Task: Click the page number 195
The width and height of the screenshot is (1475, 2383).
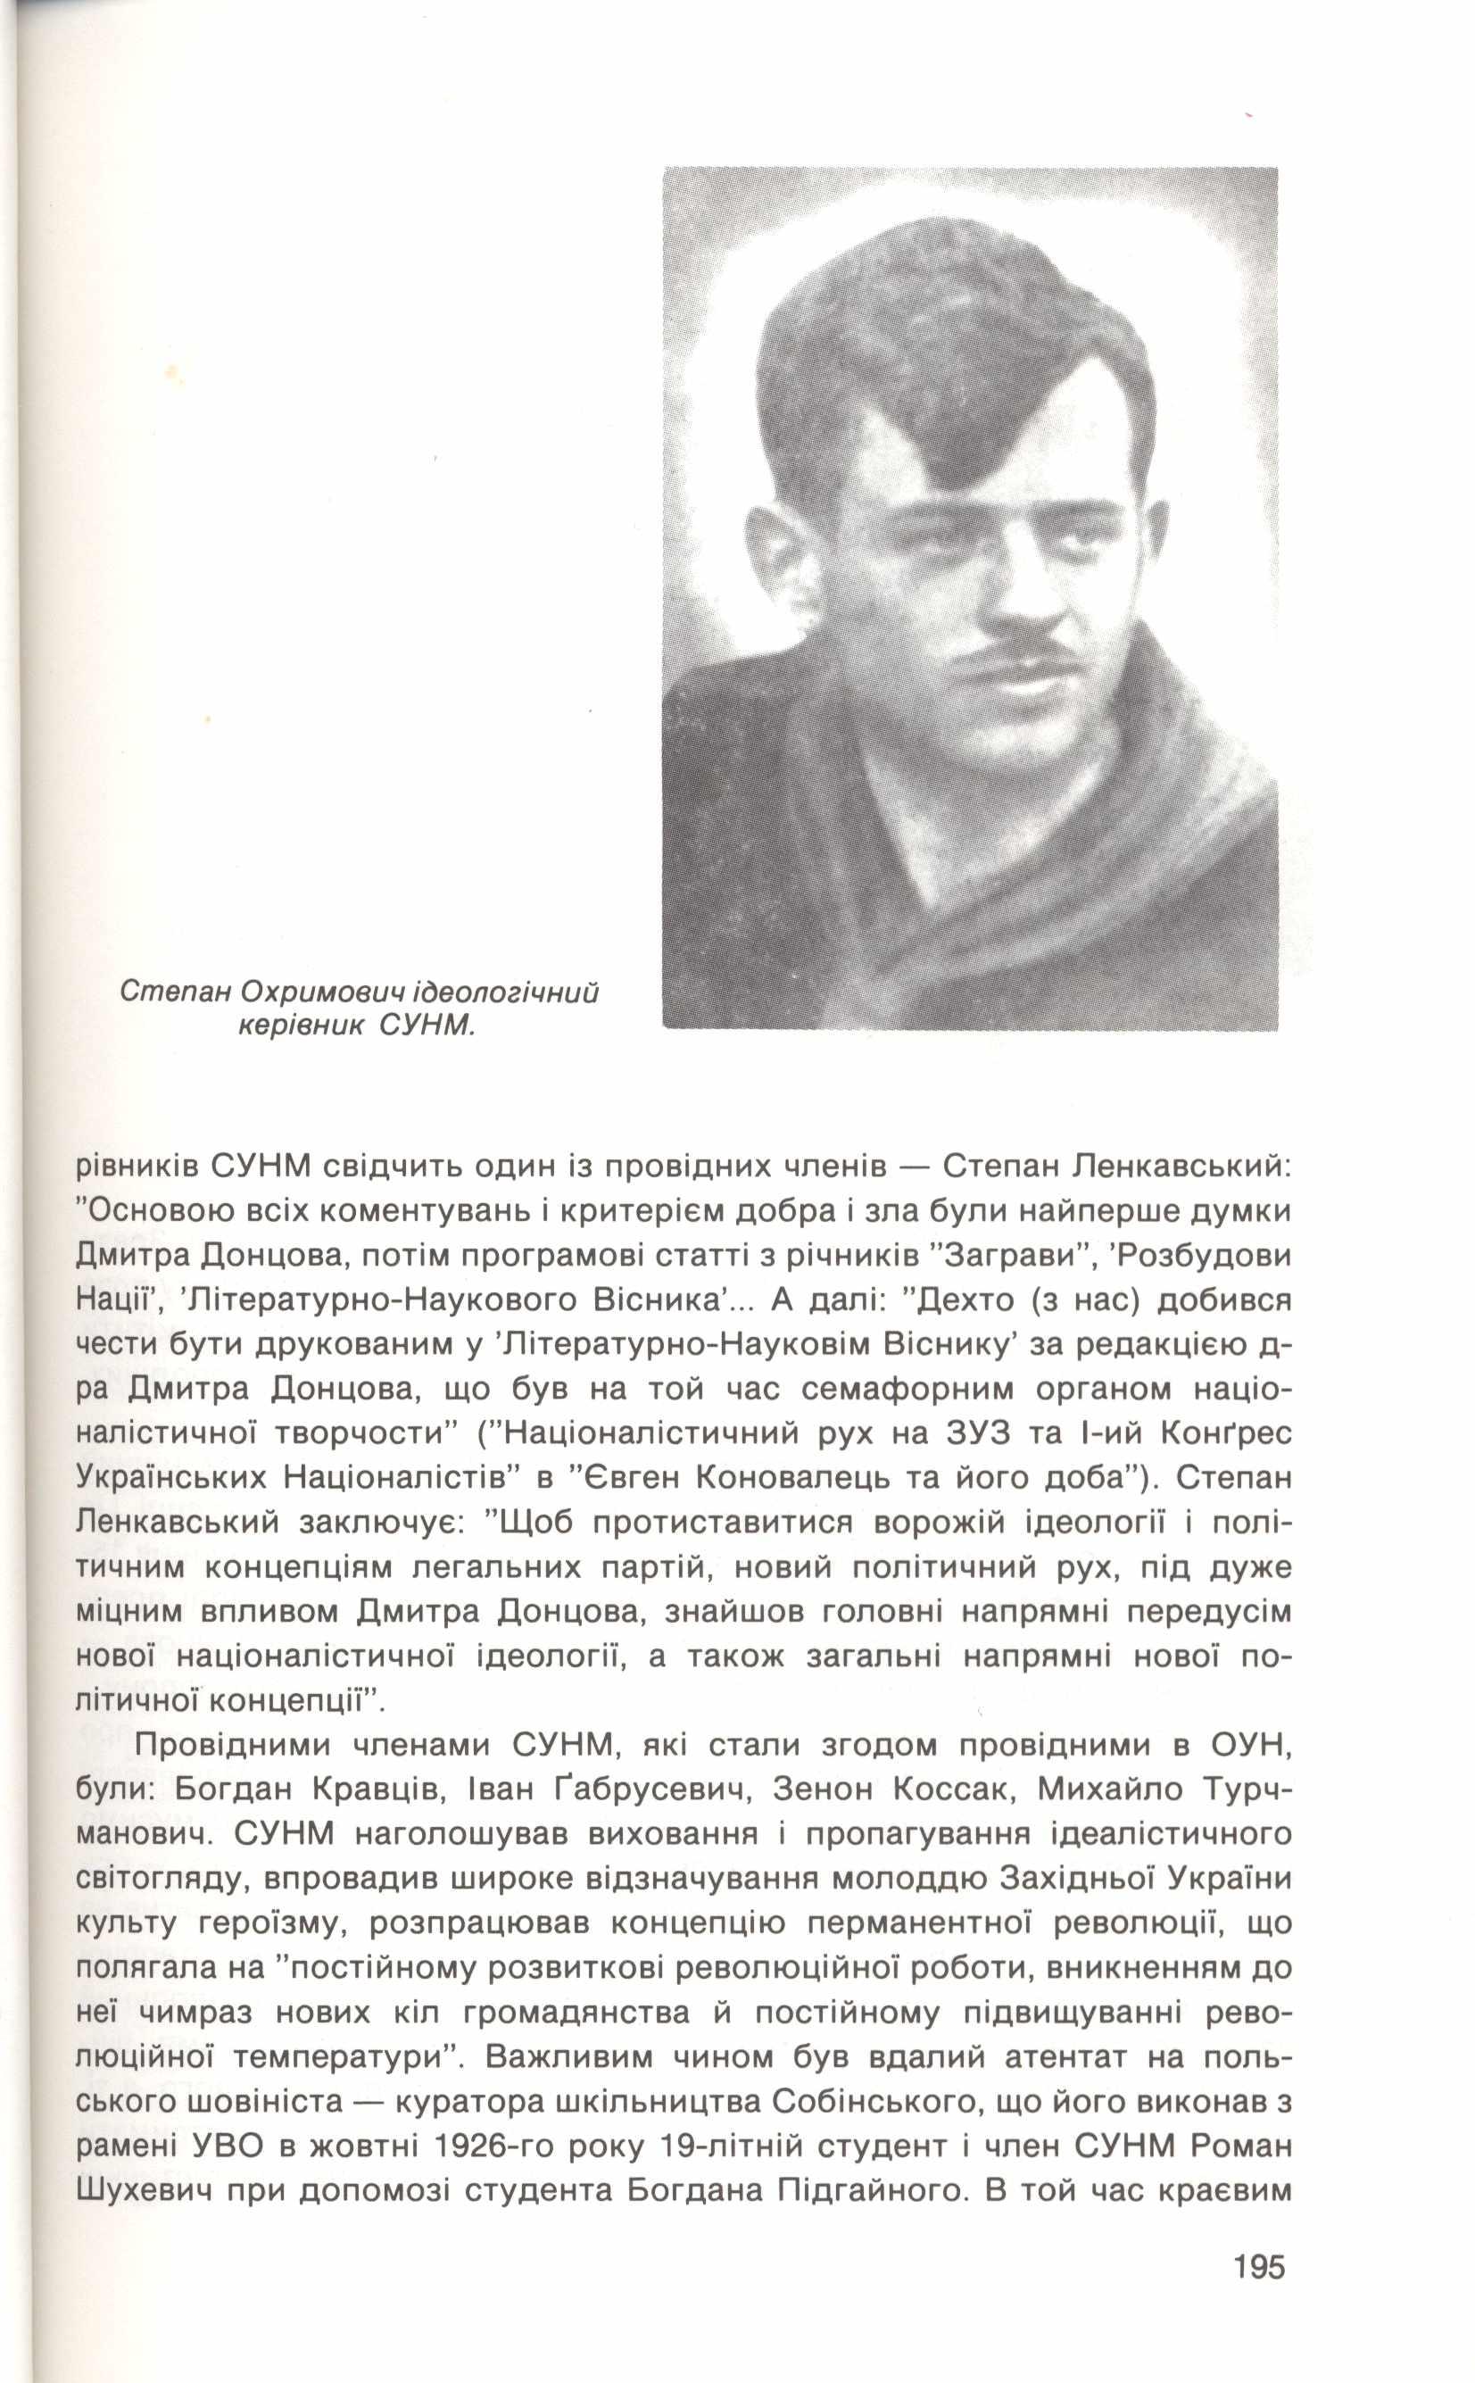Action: click(1258, 2287)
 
